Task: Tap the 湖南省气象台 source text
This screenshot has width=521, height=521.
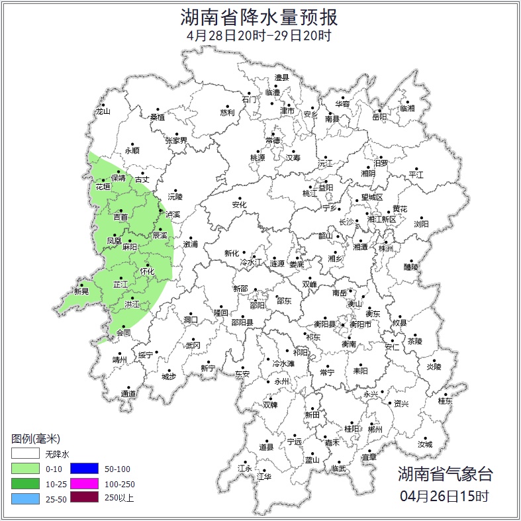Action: pos(445,474)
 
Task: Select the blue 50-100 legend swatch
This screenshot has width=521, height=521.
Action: pos(84,469)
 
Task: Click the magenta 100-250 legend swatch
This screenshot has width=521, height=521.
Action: pos(84,483)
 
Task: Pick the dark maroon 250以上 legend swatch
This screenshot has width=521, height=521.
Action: pos(84,498)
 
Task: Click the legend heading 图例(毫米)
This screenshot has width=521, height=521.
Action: pos(36,439)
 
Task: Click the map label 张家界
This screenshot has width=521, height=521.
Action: pos(176,140)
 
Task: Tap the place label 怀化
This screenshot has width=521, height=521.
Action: pos(147,271)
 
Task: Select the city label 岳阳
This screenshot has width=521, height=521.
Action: pos(379,117)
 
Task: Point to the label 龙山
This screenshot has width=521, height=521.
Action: pos(103,112)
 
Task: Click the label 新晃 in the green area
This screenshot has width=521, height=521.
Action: pos(81,291)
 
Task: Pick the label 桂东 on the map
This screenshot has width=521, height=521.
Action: pos(445,401)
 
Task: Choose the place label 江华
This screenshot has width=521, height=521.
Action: pos(264,476)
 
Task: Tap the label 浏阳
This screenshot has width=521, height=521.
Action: pos(421,224)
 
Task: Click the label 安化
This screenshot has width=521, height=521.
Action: pos(239,205)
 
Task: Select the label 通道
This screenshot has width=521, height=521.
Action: pos(128,394)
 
